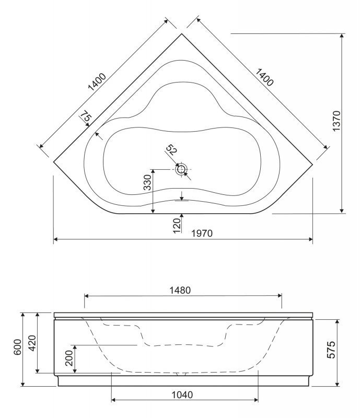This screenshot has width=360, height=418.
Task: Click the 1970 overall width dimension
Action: pyautogui.click(x=202, y=233)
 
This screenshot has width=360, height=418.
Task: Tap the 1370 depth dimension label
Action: pyautogui.click(x=337, y=121)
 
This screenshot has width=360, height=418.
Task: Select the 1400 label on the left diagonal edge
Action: pyautogui.click(x=97, y=82)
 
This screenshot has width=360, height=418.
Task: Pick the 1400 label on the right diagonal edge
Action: pyautogui.click(x=264, y=77)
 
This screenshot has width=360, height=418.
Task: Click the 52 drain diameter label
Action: pyautogui.click(x=171, y=150)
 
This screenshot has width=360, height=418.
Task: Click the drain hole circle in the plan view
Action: pyautogui.click(x=181, y=169)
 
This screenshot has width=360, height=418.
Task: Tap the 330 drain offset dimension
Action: pyautogui.click(x=147, y=182)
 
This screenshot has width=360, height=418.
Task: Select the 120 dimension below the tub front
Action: pyautogui.click(x=177, y=226)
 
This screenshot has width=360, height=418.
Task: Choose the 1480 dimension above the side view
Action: pyautogui.click(x=180, y=291)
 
